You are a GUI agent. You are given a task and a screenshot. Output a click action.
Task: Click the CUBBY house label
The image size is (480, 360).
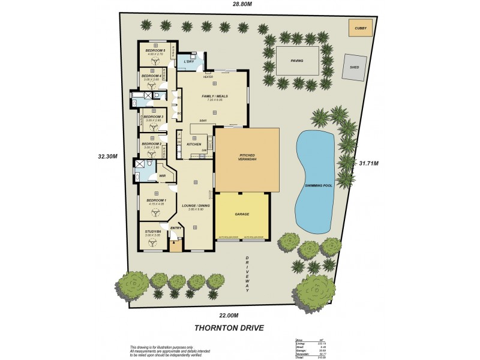pyautogui.click(x=360, y=28)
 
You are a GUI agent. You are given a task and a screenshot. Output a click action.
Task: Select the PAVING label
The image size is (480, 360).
pyautogui.click(x=297, y=61)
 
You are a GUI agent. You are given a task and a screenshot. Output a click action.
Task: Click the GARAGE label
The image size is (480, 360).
pyautogui.click(x=242, y=214)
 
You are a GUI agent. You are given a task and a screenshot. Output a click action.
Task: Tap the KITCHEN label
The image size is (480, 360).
pyautogui.click(x=193, y=145)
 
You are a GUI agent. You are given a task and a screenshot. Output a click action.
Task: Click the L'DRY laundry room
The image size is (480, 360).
pyautogui.click(x=188, y=62)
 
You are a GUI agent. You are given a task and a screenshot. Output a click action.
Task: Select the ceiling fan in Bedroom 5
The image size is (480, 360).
pyautogui.click(x=154, y=61)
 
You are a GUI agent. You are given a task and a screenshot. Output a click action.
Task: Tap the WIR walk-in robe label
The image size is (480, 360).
pyautogui.click(x=162, y=175)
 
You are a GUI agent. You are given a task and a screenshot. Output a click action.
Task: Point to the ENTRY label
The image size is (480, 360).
pyautogui.click(x=176, y=228)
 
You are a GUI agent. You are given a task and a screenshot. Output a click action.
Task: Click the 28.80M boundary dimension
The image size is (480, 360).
pyautogui.click(x=242, y=4)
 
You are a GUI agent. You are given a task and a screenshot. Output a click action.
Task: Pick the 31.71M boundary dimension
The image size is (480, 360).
pyautogui.click(x=368, y=163)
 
